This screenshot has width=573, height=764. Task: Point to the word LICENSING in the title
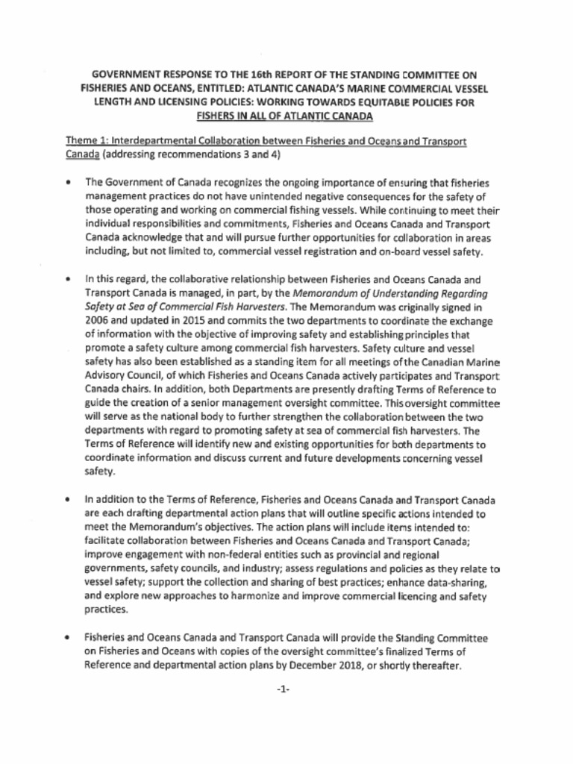coord(172,103)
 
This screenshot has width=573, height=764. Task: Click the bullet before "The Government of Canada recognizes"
coord(69,182)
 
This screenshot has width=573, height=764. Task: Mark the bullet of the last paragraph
coord(69,639)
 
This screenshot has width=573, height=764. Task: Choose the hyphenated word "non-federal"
coord(213,556)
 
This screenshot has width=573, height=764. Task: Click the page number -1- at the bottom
coord(282,691)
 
